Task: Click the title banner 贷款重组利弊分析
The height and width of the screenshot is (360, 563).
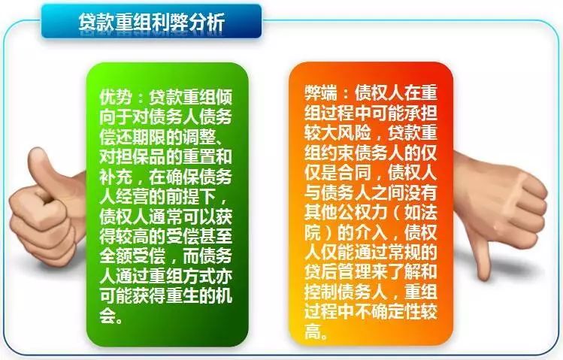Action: click(x=151, y=21)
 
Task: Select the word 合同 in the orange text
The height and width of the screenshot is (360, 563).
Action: click(x=354, y=173)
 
